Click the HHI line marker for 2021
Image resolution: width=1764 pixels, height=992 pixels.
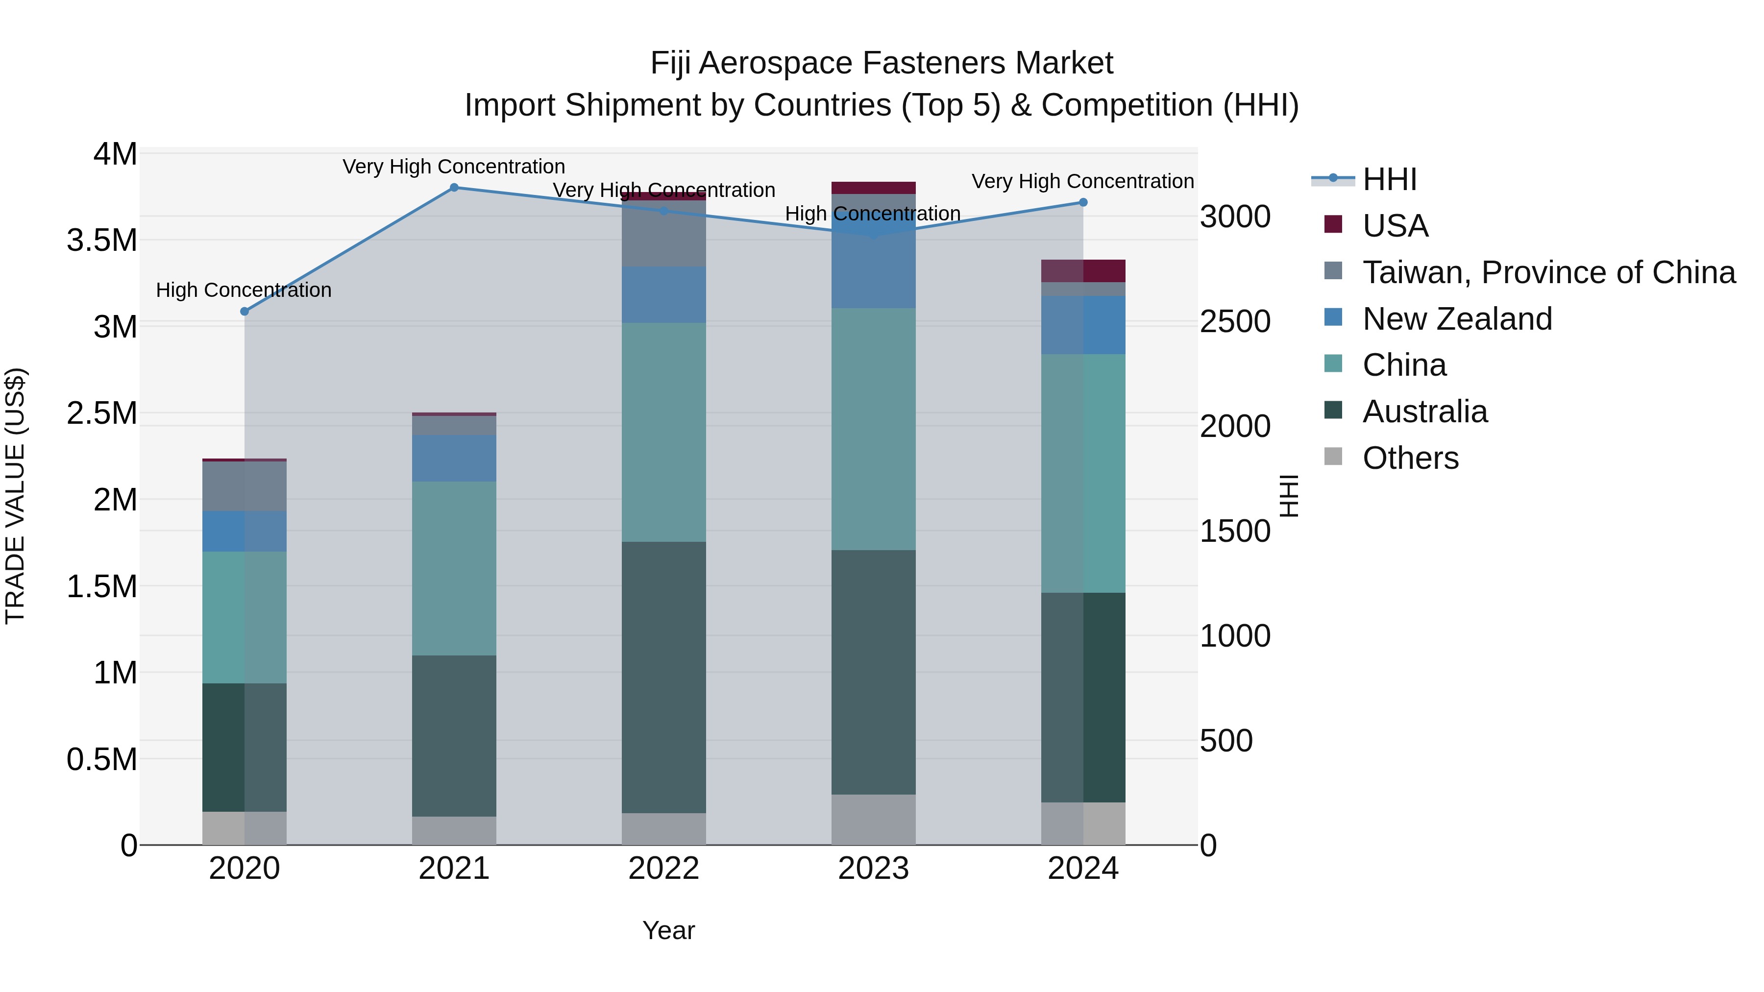(x=454, y=188)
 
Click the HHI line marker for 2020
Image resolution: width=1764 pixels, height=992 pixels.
(x=245, y=312)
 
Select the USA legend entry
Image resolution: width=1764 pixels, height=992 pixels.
(x=1395, y=226)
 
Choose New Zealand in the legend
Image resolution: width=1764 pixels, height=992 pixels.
(x=1457, y=319)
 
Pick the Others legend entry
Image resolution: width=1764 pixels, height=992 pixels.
(x=1411, y=458)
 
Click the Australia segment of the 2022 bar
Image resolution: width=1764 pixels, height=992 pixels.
(x=663, y=678)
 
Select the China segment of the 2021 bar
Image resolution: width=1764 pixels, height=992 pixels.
(x=454, y=568)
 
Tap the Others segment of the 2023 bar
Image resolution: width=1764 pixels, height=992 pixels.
(x=873, y=820)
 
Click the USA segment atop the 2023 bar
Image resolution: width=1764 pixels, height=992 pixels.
(x=873, y=188)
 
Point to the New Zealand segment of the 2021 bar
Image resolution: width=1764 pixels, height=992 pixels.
(x=454, y=458)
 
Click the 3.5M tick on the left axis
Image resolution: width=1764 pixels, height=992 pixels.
(x=102, y=241)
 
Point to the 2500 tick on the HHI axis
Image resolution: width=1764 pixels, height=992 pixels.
(x=1235, y=322)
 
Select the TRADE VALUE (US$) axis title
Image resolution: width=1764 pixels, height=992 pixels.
(x=15, y=496)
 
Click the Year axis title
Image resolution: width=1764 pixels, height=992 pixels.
(x=668, y=930)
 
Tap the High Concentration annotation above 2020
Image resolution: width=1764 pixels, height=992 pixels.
(x=244, y=290)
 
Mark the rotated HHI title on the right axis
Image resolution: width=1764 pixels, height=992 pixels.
(x=1289, y=496)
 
